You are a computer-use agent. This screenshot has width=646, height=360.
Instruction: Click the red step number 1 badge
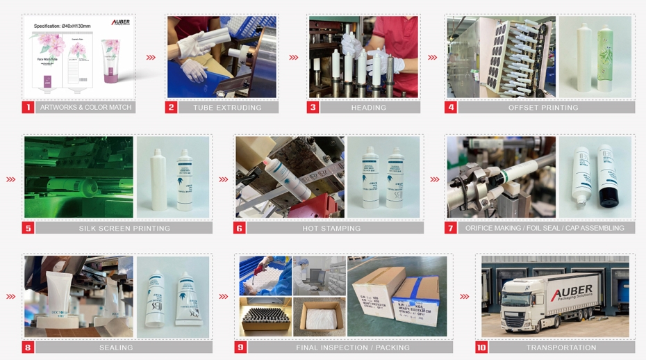click(28, 108)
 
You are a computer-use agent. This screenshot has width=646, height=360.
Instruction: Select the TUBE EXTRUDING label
click(227, 108)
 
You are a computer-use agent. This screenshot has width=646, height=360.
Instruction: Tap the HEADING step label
click(368, 108)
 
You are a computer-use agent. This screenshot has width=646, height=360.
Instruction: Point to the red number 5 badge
click(28, 228)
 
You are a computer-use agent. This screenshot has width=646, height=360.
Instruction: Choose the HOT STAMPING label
click(331, 228)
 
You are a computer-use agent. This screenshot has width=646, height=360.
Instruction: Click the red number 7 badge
click(450, 228)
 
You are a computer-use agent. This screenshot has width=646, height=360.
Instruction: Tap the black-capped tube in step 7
click(608, 177)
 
